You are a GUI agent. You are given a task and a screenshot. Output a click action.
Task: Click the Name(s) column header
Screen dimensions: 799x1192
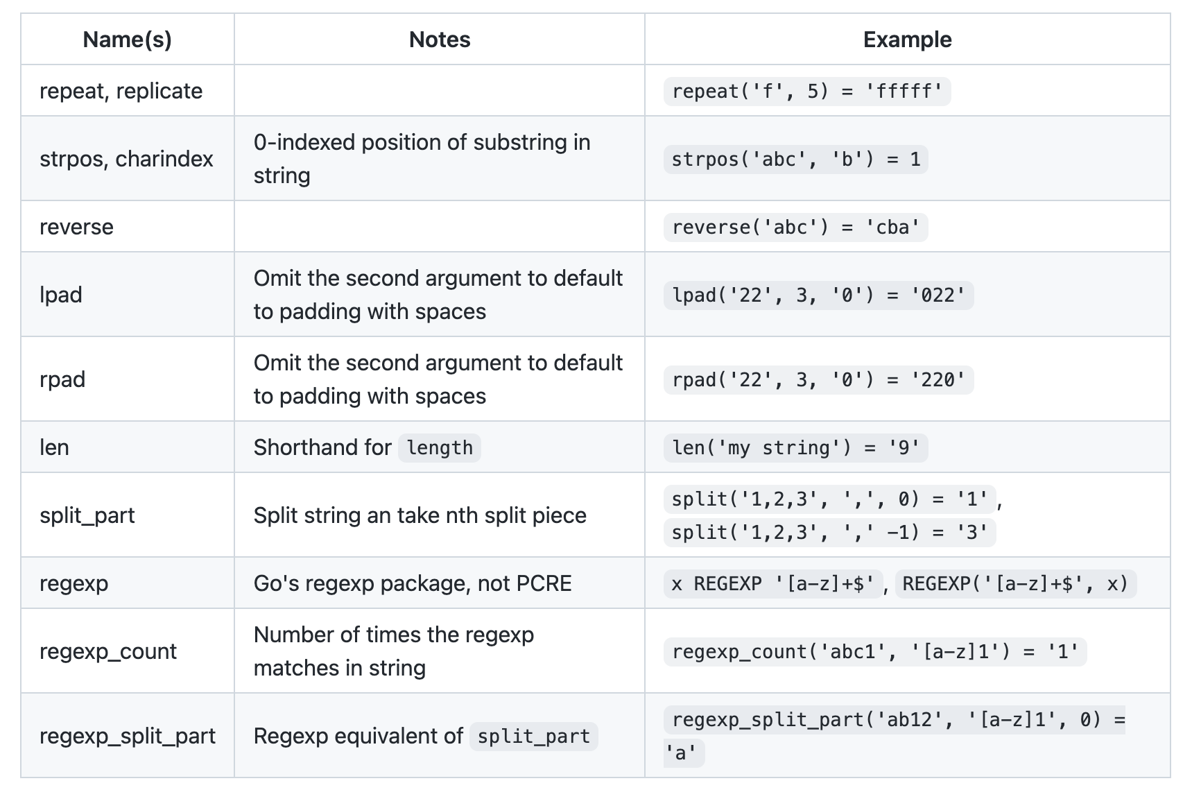tap(127, 40)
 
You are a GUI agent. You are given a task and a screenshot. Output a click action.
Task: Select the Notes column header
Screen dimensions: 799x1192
tap(439, 40)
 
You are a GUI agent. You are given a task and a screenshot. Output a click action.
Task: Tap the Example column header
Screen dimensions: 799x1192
tap(906, 40)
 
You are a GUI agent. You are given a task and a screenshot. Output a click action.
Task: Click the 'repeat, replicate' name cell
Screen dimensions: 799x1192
tap(121, 91)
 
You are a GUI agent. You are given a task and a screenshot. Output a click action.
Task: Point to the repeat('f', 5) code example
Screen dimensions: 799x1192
tap(806, 92)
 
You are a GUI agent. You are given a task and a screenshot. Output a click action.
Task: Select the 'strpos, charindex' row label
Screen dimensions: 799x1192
tap(126, 159)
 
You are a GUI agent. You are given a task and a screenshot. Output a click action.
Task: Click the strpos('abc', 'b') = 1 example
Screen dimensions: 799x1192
tap(795, 160)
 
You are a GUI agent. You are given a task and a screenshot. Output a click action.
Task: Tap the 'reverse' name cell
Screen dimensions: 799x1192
tap(76, 227)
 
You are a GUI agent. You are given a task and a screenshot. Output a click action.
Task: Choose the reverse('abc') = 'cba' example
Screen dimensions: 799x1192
tap(795, 227)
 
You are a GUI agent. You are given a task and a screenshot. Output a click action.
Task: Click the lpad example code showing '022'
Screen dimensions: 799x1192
tap(818, 295)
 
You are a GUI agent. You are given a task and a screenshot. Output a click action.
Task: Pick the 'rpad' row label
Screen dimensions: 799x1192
tap(62, 379)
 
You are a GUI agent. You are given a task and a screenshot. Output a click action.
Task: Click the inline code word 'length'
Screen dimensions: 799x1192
tap(439, 448)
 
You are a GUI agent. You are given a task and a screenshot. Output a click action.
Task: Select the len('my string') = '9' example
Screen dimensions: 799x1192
tap(795, 448)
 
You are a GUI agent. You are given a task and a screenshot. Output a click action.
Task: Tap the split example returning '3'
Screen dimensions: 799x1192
tap(829, 533)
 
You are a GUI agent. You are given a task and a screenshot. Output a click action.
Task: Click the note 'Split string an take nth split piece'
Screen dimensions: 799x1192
tap(420, 515)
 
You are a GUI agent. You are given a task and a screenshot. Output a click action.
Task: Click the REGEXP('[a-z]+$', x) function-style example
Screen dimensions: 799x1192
tap(1015, 584)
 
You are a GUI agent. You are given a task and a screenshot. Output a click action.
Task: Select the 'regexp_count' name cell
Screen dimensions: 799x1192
tap(108, 651)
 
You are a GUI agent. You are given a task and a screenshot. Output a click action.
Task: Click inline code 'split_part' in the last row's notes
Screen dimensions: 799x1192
tap(533, 737)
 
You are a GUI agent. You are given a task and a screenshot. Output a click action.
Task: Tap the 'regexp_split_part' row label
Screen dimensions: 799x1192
tap(128, 736)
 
